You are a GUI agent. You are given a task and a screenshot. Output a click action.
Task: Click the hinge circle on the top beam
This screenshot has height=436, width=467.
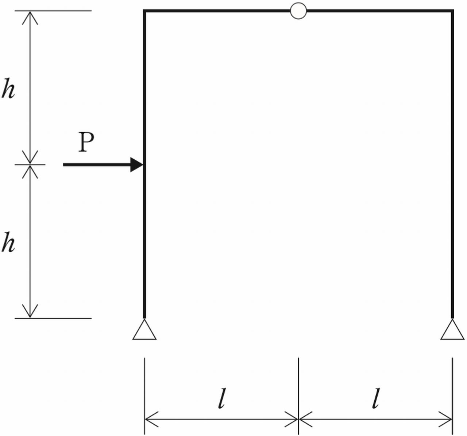(x=298, y=11)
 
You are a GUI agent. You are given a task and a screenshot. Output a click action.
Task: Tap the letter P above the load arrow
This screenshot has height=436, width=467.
(x=86, y=142)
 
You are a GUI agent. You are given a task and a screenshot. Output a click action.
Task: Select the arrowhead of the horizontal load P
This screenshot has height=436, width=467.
(x=137, y=165)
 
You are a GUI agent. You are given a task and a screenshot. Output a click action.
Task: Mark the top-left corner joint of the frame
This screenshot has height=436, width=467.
(x=145, y=12)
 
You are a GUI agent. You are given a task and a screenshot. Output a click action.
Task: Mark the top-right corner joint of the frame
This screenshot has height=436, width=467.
(x=452, y=12)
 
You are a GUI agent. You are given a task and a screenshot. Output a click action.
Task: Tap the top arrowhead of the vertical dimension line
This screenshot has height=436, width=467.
(x=30, y=16)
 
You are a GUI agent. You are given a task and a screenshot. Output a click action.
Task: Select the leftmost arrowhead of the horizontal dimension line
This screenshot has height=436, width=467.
(x=150, y=419)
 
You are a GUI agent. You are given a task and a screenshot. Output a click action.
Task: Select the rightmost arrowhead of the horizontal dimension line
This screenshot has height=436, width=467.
(x=447, y=419)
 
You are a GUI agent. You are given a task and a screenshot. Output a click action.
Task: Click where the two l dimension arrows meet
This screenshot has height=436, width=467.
(x=298, y=419)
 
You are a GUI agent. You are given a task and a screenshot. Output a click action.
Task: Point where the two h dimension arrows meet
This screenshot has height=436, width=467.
(x=30, y=164)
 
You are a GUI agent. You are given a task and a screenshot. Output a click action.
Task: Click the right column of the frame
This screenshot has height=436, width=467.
(x=452, y=164)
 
